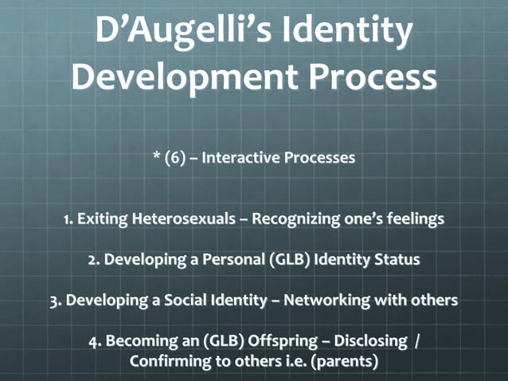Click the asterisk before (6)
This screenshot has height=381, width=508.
point(156,158)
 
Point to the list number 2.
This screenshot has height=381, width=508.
point(93,260)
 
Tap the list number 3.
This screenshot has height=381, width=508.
point(55,300)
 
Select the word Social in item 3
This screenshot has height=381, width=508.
point(181,300)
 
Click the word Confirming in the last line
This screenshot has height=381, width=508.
point(173,361)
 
